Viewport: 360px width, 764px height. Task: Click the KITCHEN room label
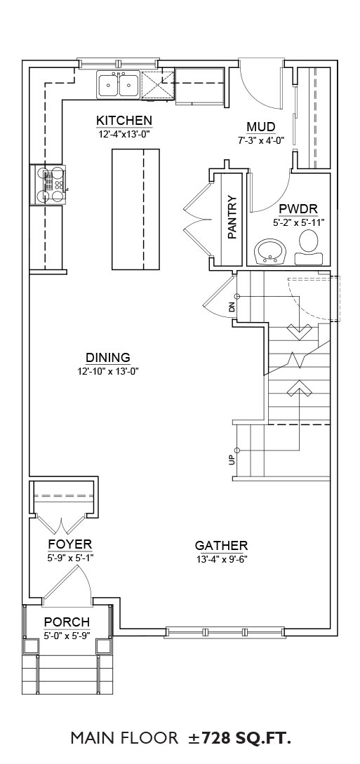(124, 121)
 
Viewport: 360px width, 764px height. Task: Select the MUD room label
(261, 127)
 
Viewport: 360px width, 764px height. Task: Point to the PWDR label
(298, 210)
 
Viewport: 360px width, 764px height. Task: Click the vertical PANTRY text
(232, 217)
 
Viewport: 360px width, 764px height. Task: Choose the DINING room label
(108, 358)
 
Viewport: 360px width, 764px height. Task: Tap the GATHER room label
(222, 546)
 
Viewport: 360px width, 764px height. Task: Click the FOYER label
(70, 544)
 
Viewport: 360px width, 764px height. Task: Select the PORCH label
(67, 622)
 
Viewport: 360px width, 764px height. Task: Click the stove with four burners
(48, 185)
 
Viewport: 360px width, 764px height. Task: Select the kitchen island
(135, 210)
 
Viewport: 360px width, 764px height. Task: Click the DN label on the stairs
(232, 307)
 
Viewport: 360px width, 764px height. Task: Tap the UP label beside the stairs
(232, 460)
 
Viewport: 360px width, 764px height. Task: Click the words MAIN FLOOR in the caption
(124, 738)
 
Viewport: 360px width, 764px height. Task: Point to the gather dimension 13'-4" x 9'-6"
(222, 559)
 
